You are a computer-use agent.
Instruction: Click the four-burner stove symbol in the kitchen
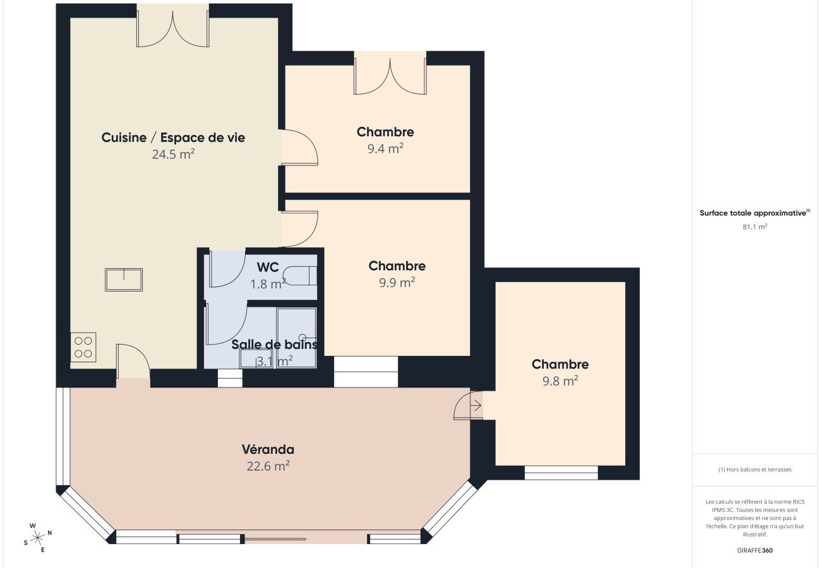pos(83,346)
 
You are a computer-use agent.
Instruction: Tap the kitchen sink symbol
pos(124,280)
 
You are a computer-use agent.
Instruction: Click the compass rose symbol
pos(38,537)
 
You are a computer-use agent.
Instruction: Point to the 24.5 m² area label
pos(173,153)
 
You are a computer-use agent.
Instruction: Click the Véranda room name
pos(268,449)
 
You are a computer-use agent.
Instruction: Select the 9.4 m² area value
pos(385,148)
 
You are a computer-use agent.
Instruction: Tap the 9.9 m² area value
pos(397,282)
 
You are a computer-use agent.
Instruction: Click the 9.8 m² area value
pos(560,381)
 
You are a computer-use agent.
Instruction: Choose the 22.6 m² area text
pos(268,466)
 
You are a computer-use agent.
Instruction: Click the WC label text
pos(268,268)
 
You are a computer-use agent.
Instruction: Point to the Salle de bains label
pos(274,345)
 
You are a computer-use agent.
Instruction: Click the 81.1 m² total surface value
pos(755,227)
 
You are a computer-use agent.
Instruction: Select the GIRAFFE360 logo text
pos(755,550)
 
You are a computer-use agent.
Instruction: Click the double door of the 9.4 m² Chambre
pos(390,74)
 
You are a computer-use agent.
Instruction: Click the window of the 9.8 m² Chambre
pos(561,472)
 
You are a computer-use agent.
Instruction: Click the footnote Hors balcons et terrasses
pos(755,470)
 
